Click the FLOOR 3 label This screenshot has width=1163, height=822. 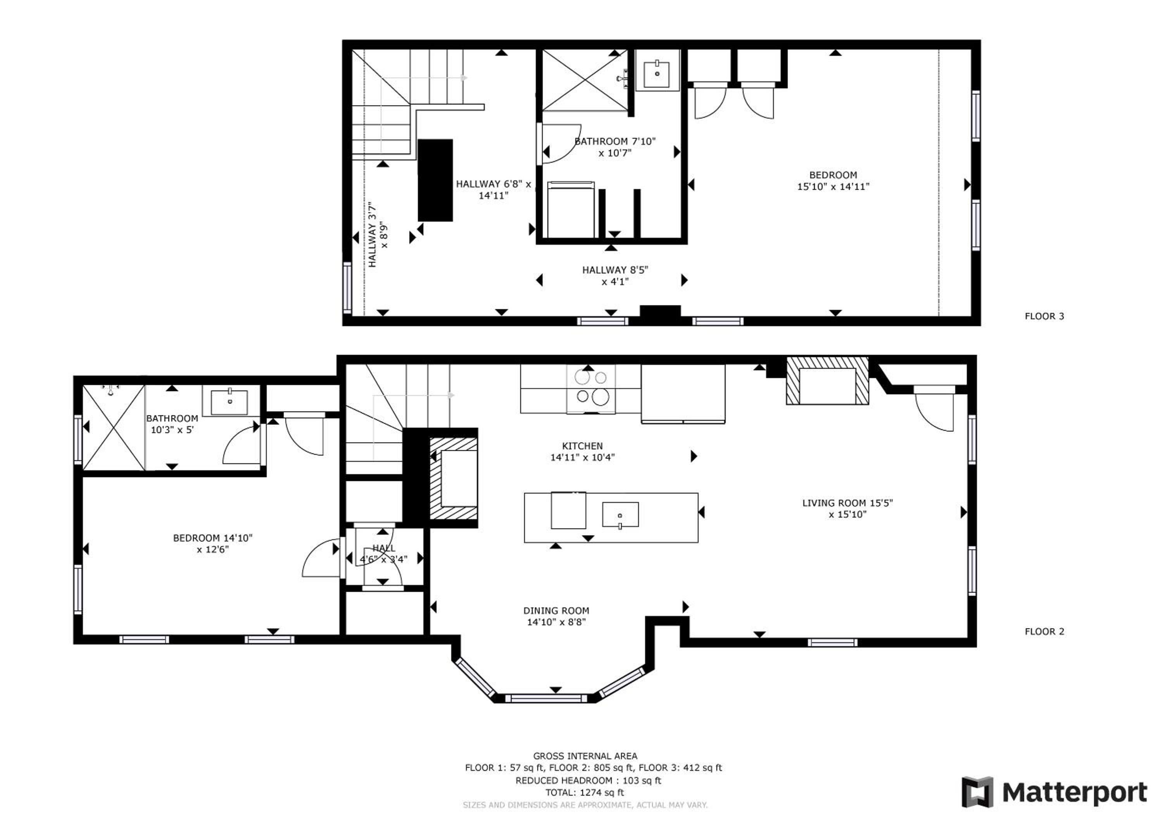coord(1044,316)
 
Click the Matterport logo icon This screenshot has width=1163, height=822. coord(978,792)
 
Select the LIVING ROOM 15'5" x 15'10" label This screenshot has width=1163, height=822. coord(847,509)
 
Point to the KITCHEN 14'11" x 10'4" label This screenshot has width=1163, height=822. coord(583,452)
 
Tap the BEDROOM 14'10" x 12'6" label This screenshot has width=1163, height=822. coord(213,543)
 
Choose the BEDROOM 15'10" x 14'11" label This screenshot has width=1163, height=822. coord(833,181)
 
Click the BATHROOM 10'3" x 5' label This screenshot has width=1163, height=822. coord(172,424)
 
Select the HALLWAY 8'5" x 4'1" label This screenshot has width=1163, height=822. coord(615,276)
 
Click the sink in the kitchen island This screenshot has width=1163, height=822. coord(620,515)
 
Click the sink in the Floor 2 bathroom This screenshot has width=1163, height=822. coord(229,401)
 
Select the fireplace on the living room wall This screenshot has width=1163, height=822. coord(827,381)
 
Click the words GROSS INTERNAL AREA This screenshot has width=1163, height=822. coord(585,756)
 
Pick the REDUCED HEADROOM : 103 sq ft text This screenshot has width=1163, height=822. coord(588,781)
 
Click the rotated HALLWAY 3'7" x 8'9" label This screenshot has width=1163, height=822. coord(378,234)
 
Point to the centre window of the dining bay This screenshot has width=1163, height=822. coord(546,699)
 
